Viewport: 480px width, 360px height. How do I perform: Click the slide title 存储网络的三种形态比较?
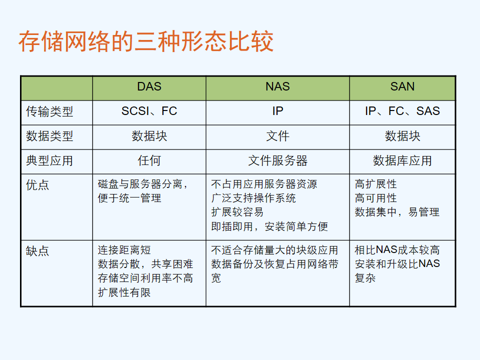pos(146,41)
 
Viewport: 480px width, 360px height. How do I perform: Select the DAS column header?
pos(149,86)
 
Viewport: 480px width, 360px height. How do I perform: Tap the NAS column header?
pos(277,86)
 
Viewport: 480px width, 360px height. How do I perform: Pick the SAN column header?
pos(402,86)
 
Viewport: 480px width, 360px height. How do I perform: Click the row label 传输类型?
pos(49,111)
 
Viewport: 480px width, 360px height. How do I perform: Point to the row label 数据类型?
pos(49,136)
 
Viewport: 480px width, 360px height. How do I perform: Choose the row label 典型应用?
pos(49,160)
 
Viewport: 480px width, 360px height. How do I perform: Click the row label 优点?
pos(37,185)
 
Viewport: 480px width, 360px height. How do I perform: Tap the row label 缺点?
pos(37,251)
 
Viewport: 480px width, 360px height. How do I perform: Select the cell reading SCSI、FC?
pos(149,111)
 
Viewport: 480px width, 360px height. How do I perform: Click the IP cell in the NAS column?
pos(277,111)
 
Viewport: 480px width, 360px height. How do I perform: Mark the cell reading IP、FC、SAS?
pos(402,111)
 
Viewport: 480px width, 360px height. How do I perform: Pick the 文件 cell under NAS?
pos(277,136)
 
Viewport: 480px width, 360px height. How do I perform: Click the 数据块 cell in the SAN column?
pos(402,136)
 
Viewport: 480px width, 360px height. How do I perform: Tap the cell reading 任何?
pos(149,160)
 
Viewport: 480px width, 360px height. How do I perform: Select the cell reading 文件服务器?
pos(277,160)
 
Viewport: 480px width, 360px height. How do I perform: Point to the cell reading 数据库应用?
pos(402,160)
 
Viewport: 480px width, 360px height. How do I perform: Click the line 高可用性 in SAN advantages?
pos(375,198)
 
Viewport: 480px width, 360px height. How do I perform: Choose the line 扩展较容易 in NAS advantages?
pos(237,212)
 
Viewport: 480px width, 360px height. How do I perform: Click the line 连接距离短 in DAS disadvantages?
pos(124,250)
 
